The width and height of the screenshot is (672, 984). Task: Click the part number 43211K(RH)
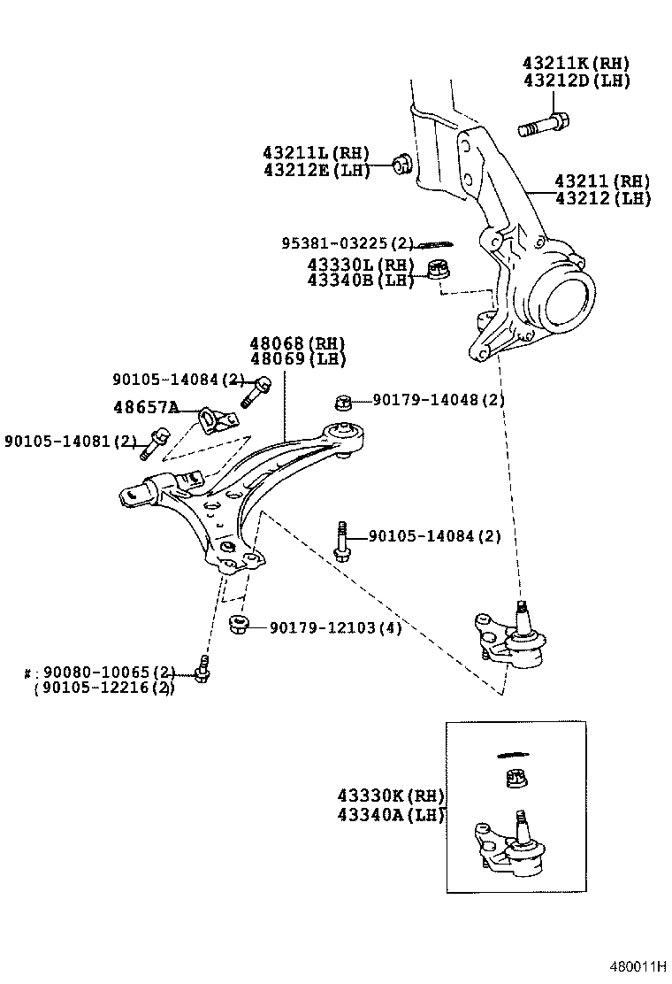point(575,63)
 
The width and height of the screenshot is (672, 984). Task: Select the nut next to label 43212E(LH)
point(402,163)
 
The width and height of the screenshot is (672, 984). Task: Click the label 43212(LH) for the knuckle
point(602,198)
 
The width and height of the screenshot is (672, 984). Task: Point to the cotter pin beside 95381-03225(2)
point(434,243)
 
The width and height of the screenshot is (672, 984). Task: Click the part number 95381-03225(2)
point(347,243)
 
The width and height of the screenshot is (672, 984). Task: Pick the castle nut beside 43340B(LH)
point(438,268)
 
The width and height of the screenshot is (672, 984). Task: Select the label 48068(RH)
point(297,343)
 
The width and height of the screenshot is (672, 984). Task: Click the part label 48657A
point(145,407)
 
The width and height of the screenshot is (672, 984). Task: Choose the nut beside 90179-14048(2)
point(345,403)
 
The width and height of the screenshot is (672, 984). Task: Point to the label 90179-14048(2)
point(438,400)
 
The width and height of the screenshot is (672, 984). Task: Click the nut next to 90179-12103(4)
point(237,626)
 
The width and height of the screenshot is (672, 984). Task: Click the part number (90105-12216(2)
point(104,688)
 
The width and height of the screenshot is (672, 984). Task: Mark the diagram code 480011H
point(636,965)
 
